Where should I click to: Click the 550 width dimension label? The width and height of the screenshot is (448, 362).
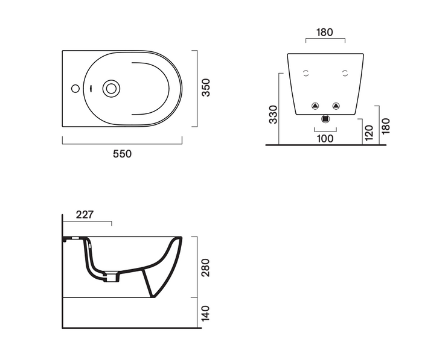[x=123, y=154]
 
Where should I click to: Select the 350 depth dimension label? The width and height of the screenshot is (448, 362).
[x=206, y=87]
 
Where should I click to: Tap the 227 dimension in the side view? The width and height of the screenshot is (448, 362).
[x=85, y=215]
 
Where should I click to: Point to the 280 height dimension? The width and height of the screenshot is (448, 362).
[x=205, y=267]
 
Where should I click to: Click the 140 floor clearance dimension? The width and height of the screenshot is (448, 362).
[x=205, y=313]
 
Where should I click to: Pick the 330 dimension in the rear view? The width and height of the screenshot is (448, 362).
[x=273, y=115]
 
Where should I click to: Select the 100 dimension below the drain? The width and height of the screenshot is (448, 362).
[x=325, y=139]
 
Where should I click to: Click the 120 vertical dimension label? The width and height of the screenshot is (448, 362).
[x=369, y=133]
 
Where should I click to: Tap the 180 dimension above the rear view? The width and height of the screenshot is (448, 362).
[x=325, y=32]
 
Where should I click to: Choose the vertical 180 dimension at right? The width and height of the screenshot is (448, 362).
[x=385, y=126]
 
